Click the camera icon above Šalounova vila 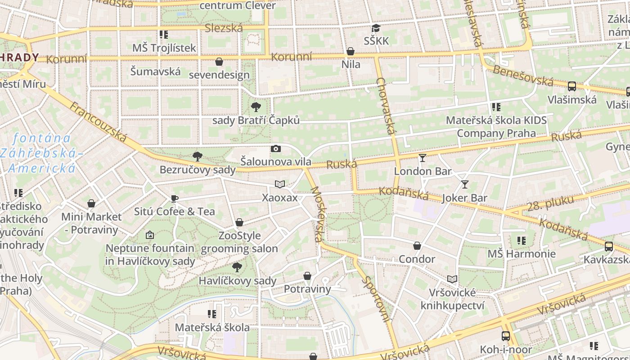click(275, 148)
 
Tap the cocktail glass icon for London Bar click(422, 157)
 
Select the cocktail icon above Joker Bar click(464, 184)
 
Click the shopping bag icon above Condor click(417, 246)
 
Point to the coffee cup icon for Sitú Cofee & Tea click(175, 198)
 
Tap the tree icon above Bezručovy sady click(197, 157)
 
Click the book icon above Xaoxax click(280, 184)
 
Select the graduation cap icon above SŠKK click(376, 28)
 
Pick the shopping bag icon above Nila click(351, 51)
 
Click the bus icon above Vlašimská click(572, 86)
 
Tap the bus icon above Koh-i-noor click(506, 336)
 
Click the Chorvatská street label click(387, 106)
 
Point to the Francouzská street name click(98, 122)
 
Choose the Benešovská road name click(523, 76)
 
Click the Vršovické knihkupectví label click(452, 299)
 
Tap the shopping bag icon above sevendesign click(219, 61)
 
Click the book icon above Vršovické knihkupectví click(452, 279)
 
